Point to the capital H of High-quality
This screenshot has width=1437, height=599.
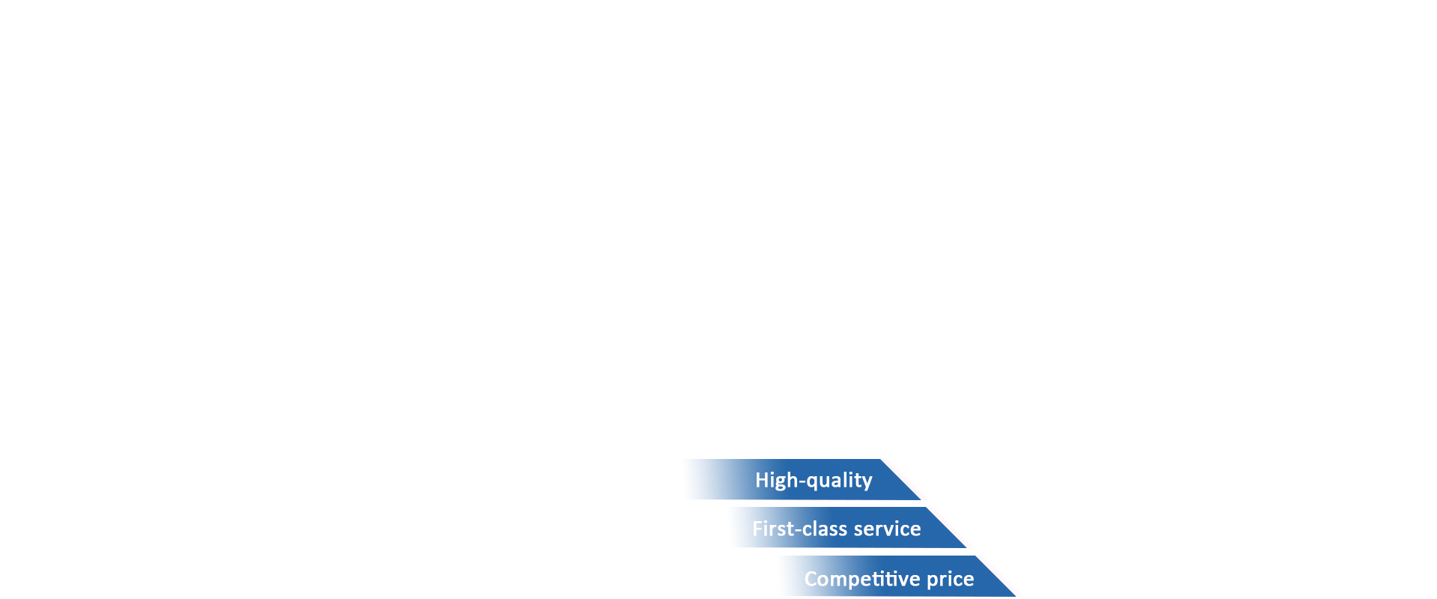click(x=762, y=479)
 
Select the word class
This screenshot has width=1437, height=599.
click(x=825, y=529)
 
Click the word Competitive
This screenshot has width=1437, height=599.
click(x=862, y=579)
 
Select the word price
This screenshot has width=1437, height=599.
click(x=951, y=580)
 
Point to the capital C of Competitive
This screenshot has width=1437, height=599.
click(x=811, y=579)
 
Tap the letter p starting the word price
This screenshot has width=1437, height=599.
click(x=933, y=581)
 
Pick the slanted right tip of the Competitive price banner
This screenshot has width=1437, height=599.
click(x=1015, y=595)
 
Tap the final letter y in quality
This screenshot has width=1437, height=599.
click(x=867, y=484)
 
